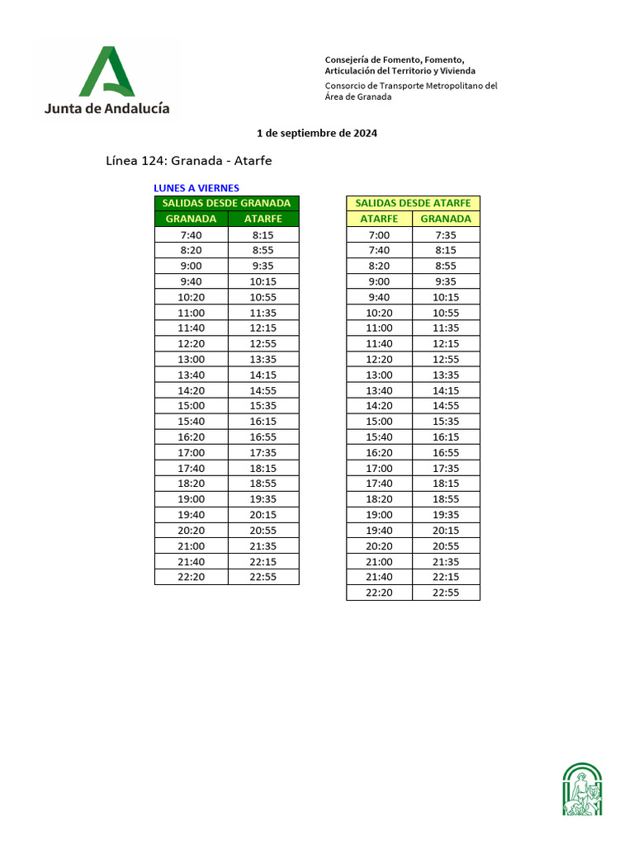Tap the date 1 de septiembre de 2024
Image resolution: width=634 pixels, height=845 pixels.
[317, 133]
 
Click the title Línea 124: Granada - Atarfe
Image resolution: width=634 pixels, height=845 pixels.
[189, 160]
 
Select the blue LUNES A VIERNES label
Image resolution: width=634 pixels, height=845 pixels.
[196, 188]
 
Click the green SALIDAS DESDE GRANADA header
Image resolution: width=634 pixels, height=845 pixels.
[226, 203]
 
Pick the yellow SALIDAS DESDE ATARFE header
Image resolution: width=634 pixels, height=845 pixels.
[413, 203]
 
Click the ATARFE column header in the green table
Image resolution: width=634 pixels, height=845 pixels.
[263, 219]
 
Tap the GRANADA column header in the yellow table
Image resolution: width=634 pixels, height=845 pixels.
[446, 219]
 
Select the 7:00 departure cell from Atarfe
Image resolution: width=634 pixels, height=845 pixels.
[379, 234]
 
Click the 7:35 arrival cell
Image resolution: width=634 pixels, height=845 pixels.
[446, 234]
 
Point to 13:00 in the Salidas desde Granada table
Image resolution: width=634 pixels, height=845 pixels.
[191, 359]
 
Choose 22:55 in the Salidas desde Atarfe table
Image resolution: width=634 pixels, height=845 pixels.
[446, 592]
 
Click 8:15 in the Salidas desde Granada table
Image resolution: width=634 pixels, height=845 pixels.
[263, 234]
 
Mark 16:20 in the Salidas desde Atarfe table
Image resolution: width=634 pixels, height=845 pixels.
[379, 452]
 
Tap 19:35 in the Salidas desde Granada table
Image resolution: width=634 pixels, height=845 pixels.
[263, 499]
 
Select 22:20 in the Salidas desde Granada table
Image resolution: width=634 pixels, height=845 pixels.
[191, 577]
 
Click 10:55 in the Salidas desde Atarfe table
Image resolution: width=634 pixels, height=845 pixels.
[446, 313]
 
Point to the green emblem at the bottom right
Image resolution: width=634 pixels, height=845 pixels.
[582, 790]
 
